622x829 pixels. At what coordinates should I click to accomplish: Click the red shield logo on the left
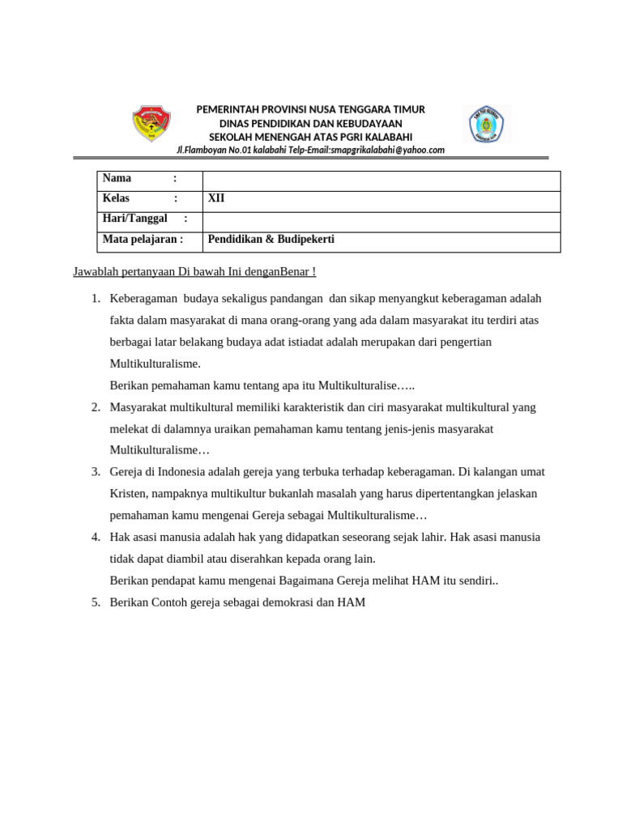pyautogui.click(x=151, y=125)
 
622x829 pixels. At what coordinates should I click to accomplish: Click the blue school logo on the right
pyautogui.click(x=487, y=125)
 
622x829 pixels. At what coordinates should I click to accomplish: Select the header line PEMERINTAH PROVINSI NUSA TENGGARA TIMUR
pyautogui.click(x=311, y=109)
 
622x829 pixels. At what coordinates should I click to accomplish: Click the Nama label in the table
pyautogui.click(x=117, y=179)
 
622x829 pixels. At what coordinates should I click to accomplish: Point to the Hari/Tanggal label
pyautogui.click(x=134, y=219)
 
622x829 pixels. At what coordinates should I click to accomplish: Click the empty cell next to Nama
pyautogui.click(x=381, y=180)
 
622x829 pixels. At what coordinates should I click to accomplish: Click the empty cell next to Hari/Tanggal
pyautogui.click(x=381, y=220)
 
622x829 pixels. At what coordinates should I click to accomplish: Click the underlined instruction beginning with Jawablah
pyautogui.click(x=194, y=271)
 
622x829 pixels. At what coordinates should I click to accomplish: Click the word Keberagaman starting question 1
pyautogui.click(x=143, y=299)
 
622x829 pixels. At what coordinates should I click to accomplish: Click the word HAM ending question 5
pyautogui.click(x=352, y=602)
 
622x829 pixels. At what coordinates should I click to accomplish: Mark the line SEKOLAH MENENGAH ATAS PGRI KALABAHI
pyautogui.click(x=311, y=137)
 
